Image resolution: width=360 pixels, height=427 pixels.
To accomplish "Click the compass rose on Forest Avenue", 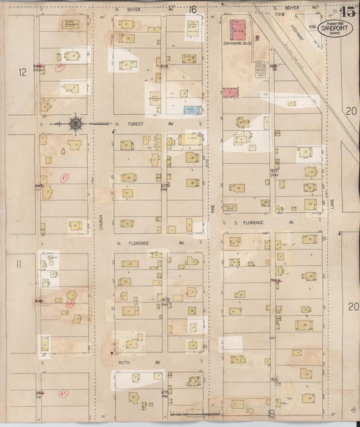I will coord(75,124).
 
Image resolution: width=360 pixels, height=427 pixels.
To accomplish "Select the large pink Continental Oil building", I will coord(238,28).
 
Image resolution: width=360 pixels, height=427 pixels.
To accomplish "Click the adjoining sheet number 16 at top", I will coord(193,9).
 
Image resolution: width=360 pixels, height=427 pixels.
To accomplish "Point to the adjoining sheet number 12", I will coord(22,72).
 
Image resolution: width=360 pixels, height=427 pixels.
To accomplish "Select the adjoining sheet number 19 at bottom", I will coord(269,413).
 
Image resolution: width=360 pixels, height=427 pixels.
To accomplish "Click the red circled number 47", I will coord(64,178).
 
